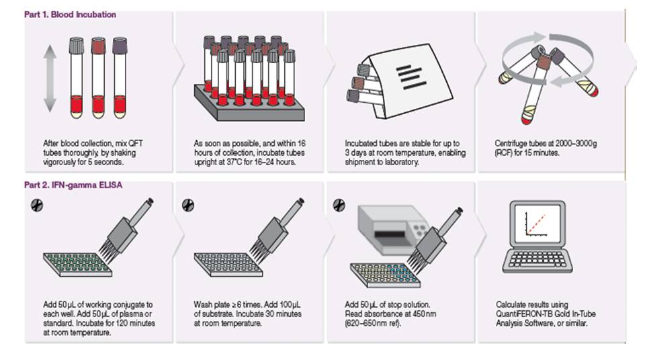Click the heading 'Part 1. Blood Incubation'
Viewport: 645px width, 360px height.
pyautogui.click(x=70, y=14)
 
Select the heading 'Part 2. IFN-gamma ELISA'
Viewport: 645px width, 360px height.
pyautogui.click(x=73, y=185)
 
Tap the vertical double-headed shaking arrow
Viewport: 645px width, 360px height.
pyautogui.click(x=50, y=79)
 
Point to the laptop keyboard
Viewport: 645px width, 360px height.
pyautogui.click(x=537, y=261)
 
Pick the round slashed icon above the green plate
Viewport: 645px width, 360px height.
pyautogui.click(x=37, y=205)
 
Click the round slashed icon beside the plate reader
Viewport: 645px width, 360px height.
pyautogui.click(x=339, y=205)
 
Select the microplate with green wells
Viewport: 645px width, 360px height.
pyautogui.click(x=78, y=264)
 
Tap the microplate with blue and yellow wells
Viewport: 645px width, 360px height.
pyautogui.click(x=386, y=275)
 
